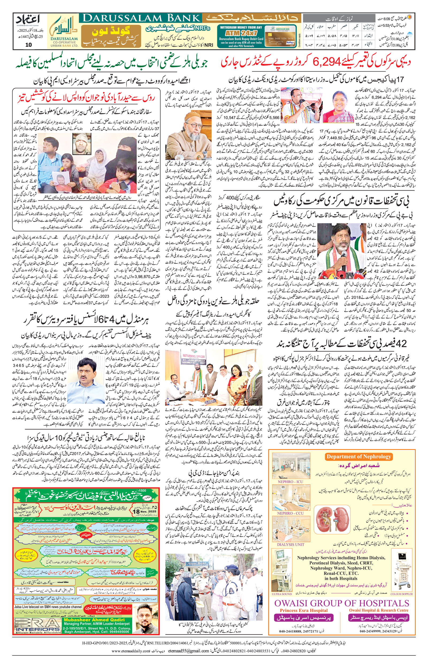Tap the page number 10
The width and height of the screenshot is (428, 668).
[x=28, y=45]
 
